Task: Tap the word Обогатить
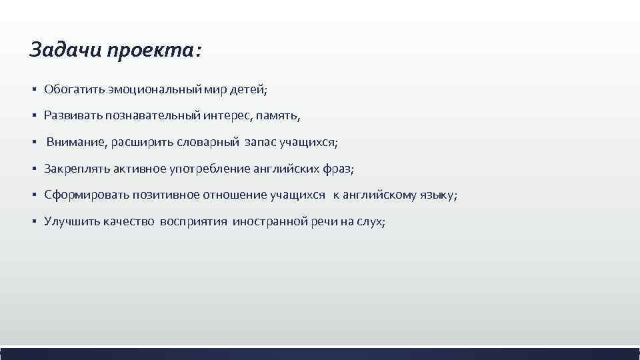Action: click(x=73, y=89)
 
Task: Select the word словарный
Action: click(x=209, y=143)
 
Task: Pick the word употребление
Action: click(x=210, y=169)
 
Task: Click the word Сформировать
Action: click(x=84, y=195)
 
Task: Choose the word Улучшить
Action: click(x=69, y=222)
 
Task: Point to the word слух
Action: click(x=371, y=222)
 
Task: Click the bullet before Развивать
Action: click(x=33, y=116)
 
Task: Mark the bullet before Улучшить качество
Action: click(x=33, y=222)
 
